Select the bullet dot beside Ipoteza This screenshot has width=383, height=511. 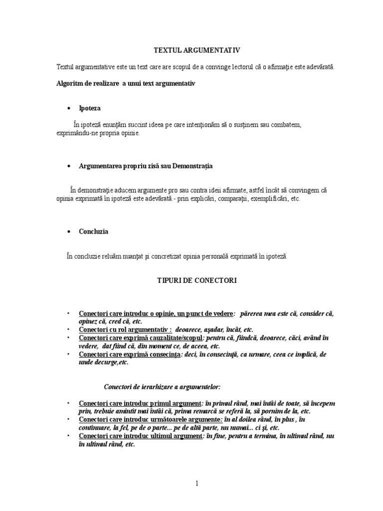(x=69, y=108)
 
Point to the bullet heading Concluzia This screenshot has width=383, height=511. (x=94, y=232)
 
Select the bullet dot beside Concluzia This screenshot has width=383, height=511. (x=69, y=232)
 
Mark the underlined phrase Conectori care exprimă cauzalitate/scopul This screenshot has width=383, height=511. (x=141, y=338)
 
